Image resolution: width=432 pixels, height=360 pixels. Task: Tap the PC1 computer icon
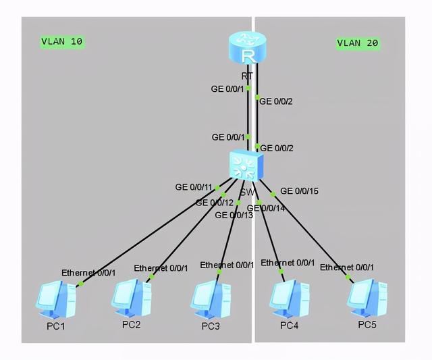click(x=56, y=299)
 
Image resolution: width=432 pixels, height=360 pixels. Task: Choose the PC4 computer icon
click(x=290, y=297)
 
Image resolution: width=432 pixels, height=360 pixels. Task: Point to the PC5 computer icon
click(x=367, y=295)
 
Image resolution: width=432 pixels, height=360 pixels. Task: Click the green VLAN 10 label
click(x=62, y=42)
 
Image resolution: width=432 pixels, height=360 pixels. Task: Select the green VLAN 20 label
click(x=358, y=43)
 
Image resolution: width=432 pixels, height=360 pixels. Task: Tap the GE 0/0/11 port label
click(x=194, y=187)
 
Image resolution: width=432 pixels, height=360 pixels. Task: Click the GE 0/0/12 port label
click(x=214, y=202)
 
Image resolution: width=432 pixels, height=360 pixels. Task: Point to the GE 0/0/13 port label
click(x=234, y=215)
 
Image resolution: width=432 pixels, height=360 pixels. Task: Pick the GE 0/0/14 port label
click(x=266, y=208)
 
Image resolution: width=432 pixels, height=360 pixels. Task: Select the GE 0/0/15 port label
click(x=299, y=191)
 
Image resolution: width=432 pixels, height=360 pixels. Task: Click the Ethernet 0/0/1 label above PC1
click(x=89, y=272)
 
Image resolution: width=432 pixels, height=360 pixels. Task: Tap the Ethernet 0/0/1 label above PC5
click(x=347, y=267)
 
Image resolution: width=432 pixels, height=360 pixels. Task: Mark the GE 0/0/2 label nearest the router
click(x=276, y=101)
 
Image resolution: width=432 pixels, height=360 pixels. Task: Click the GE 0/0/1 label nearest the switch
click(x=227, y=137)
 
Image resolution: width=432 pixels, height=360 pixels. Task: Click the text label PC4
click(x=289, y=326)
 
